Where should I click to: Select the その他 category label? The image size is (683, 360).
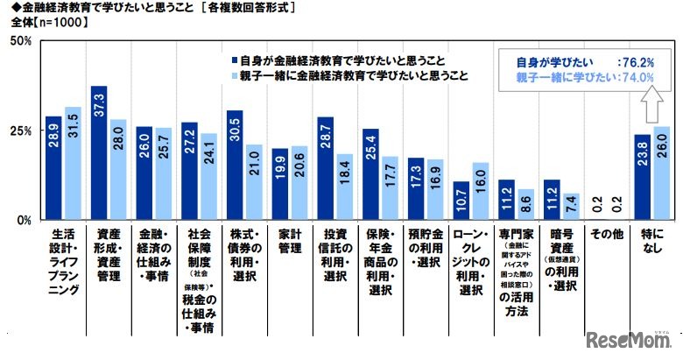coord(604,236)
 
